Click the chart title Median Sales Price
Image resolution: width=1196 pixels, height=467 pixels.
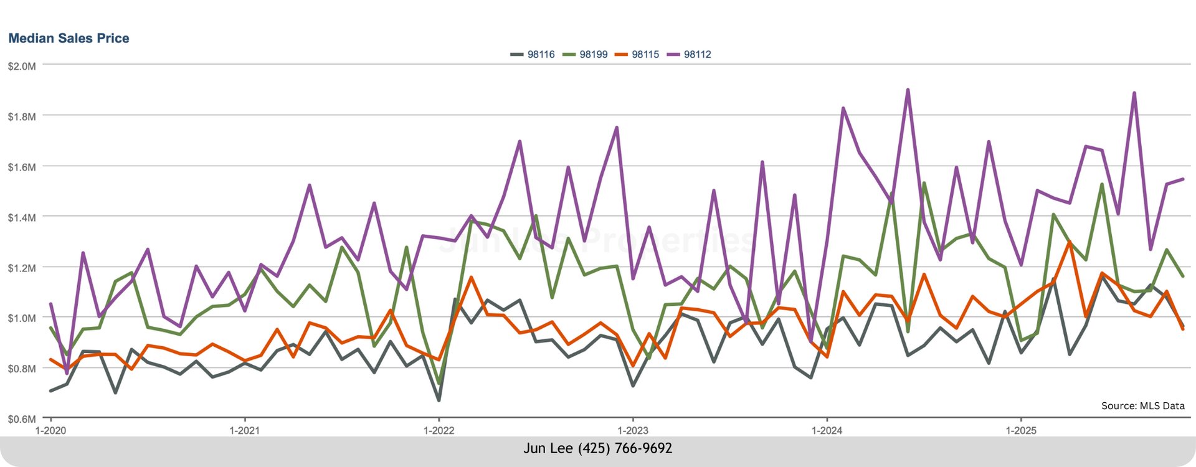click(x=69, y=39)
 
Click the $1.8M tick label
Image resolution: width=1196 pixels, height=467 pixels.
click(x=22, y=117)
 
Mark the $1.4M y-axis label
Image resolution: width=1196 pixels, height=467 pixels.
click(x=22, y=218)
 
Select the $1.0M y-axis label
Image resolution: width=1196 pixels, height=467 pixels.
click(x=22, y=318)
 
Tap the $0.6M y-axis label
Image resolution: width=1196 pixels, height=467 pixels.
click(x=22, y=419)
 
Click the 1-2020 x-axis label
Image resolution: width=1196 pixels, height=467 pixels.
click(x=50, y=431)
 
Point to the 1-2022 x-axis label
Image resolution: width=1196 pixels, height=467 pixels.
click(x=439, y=431)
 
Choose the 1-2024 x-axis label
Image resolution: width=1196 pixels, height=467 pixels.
click(x=827, y=431)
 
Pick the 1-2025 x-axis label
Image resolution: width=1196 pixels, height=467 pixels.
click(x=1022, y=431)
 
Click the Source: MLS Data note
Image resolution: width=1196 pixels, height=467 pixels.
click(x=1142, y=406)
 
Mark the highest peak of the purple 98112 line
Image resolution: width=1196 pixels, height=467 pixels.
click(x=908, y=90)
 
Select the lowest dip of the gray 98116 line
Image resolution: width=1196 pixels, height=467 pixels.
click(x=439, y=400)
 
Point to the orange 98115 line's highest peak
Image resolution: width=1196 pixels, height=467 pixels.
click(x=1070, y=242)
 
